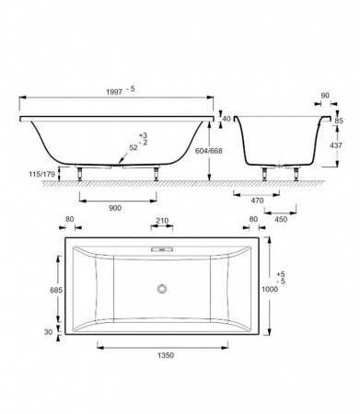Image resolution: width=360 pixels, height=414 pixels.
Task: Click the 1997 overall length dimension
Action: pyautogui.click(x=114, y=92)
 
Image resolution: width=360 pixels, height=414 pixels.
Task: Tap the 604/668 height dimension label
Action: pyautogui.click(x=209, y=151)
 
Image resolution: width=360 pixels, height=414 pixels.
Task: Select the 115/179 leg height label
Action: pyautogui.click(x=41, y=174)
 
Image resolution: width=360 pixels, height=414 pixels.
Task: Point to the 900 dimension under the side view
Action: pyautogui.click(x=115, y=208)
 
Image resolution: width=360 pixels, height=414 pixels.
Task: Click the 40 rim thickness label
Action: pyautogui.click(x=226, y=119)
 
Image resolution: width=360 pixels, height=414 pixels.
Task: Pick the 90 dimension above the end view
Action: pyautogui.click(x=325, y=96)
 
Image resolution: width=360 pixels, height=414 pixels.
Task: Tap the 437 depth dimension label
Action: pyautogui.click(x=336, y=145)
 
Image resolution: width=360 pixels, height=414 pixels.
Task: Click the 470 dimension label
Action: pyautogui.click(x=257, y=201)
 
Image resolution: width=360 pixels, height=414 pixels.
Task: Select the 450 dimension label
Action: pyautogui.click(x=281, y=219)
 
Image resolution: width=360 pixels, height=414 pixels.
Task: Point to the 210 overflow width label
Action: pyautogui.click(x=162, y=221)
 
